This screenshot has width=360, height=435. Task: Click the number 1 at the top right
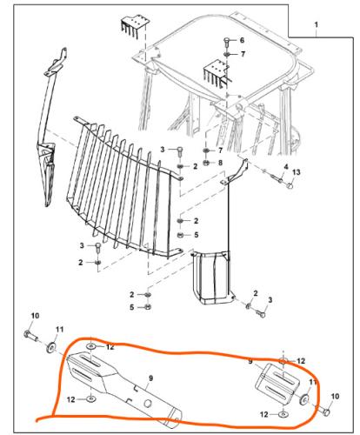318,25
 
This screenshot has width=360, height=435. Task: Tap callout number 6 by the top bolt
242,41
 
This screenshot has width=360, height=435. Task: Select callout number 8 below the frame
219,163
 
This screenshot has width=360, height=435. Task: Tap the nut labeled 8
205,163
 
